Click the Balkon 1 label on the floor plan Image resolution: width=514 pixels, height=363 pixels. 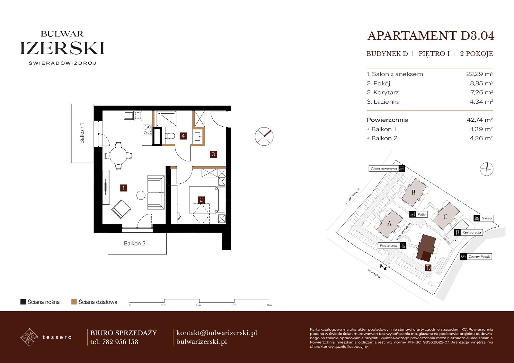click(x=82, y=134)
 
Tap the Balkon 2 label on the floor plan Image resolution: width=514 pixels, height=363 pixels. click(x=135, y=243)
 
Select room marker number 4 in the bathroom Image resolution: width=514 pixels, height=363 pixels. click(x=183, y=136)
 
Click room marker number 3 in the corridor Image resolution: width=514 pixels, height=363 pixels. click(x=213, y=154)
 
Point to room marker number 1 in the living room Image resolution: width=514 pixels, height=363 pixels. click(x=123, y=188)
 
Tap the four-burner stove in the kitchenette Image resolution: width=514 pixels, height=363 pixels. click(x=147, y=130)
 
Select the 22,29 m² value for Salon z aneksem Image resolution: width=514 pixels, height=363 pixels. click(x=480, y=74)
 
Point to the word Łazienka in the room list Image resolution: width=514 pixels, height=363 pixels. click(x=386, y=102)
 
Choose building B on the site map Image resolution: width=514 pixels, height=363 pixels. click(x=413, y=192)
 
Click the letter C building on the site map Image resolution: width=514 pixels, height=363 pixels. click(x=446, y=216)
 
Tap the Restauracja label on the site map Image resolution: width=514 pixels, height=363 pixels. click(x=471, y=232)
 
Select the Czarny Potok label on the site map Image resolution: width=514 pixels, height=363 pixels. click(x=479, y=256)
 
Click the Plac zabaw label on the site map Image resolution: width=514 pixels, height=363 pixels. click(x=388, y=246)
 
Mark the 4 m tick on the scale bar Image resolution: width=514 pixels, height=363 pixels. click(x=199, y=301)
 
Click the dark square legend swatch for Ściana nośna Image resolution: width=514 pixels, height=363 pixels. click(x=23, y=302)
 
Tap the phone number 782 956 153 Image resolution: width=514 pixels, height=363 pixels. click(x=120, y=342)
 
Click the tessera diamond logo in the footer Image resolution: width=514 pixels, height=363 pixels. click(x=29, y=337)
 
